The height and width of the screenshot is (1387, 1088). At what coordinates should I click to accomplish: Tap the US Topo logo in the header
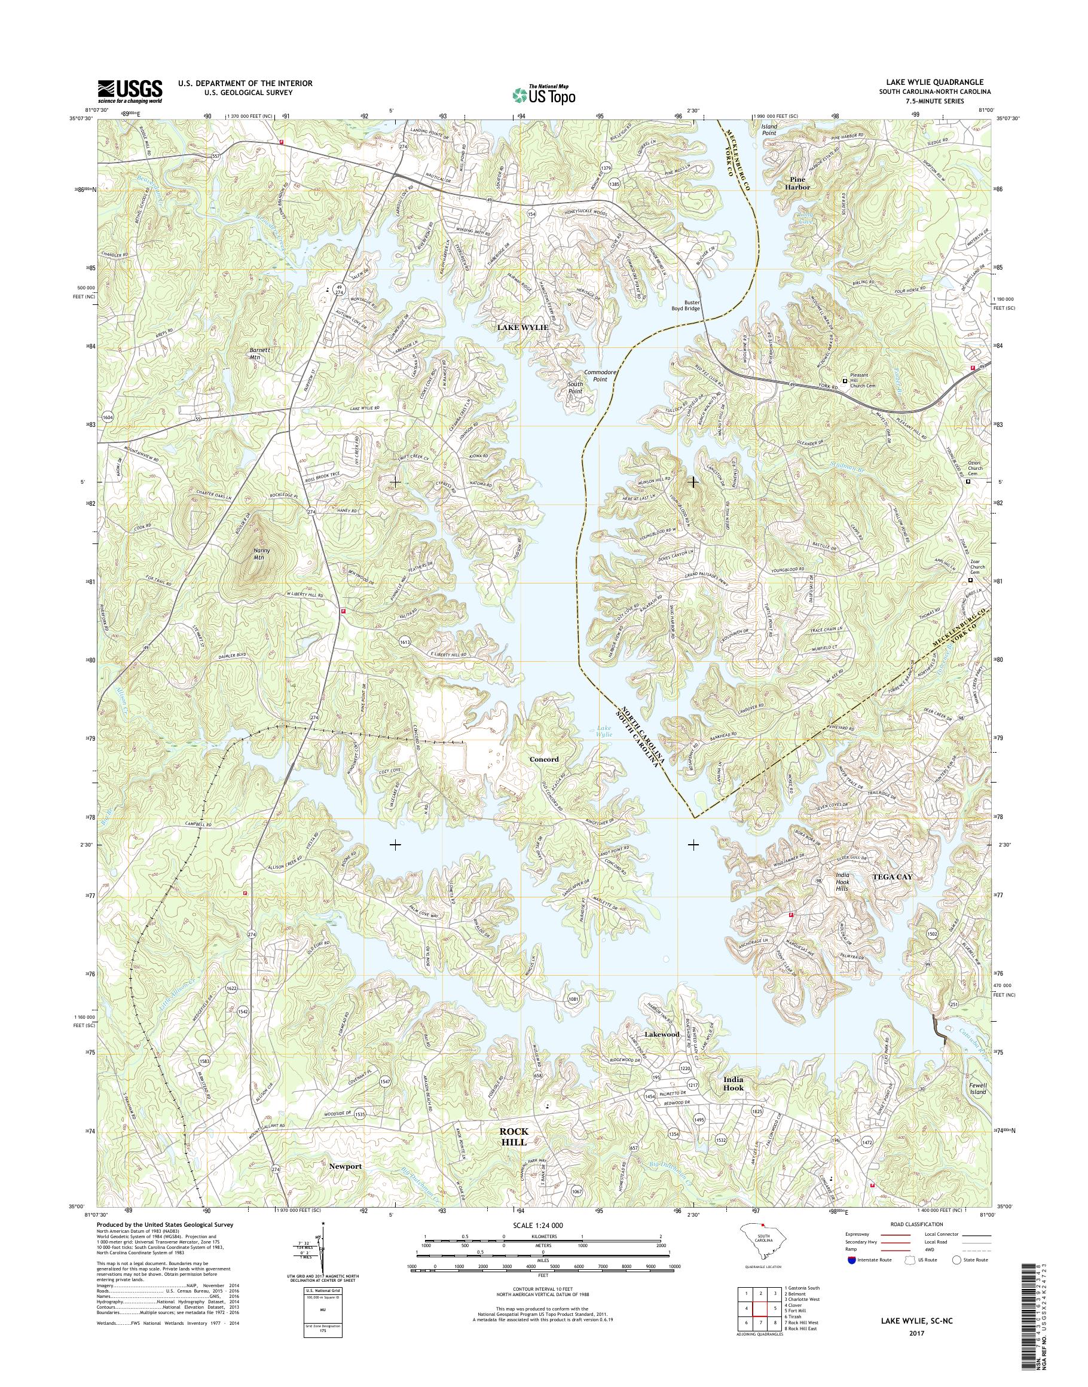[543, 95]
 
